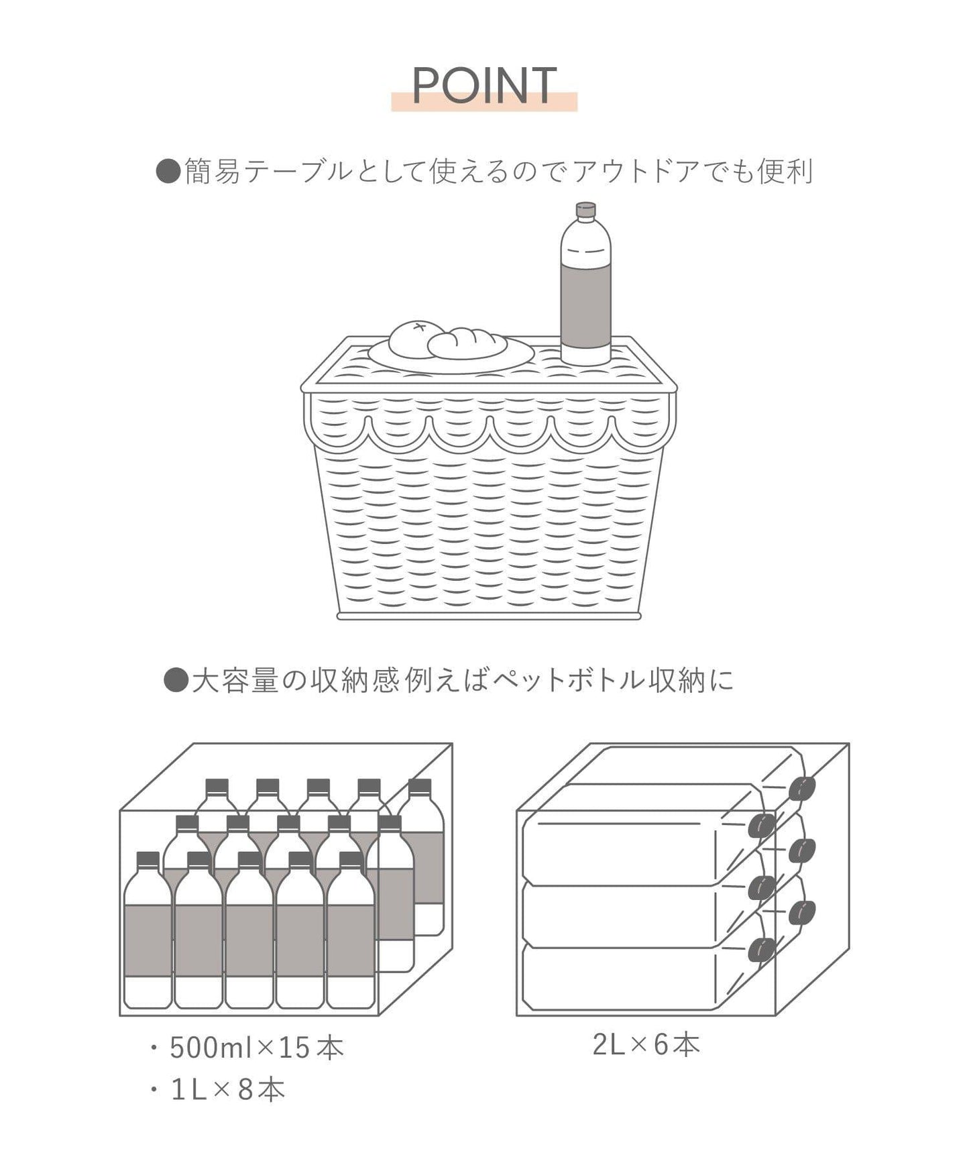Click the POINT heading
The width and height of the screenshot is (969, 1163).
point(484,86)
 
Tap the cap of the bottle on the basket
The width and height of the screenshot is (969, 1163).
point(586,211)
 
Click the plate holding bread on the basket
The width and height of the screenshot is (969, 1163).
point(451,355)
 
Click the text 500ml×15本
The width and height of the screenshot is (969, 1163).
point(257,1048)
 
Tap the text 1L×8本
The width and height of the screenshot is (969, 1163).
point(228,1091)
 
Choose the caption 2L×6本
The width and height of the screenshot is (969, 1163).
point(646,1045)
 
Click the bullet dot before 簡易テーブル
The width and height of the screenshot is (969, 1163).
point(168,172)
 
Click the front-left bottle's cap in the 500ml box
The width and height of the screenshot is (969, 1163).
point(148,860)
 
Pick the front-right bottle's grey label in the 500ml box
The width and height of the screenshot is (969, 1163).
point(351,940)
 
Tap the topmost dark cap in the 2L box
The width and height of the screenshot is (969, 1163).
point(801,788)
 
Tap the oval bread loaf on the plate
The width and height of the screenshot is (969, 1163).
point(467,343)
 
